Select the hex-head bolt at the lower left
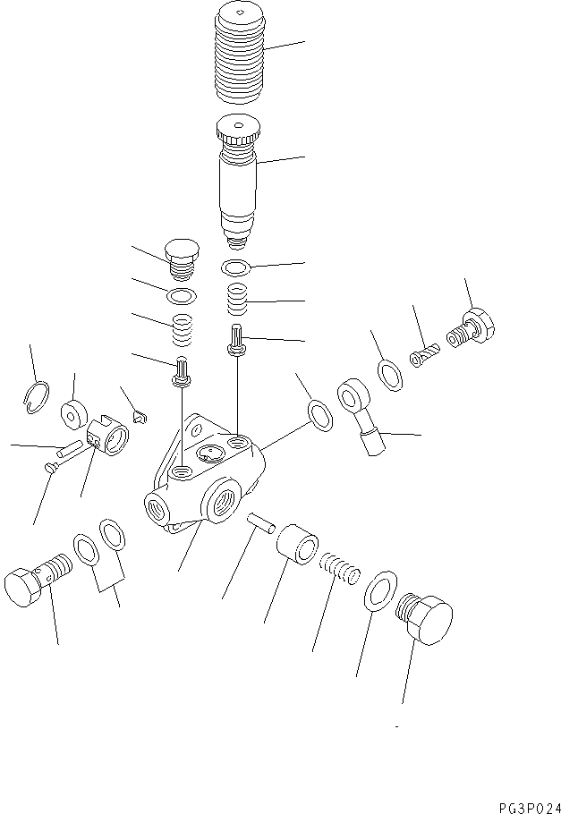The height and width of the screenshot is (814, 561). [35, 583]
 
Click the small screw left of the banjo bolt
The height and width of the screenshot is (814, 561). [423, 356]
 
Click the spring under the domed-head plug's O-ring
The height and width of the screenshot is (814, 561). [182, 332]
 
